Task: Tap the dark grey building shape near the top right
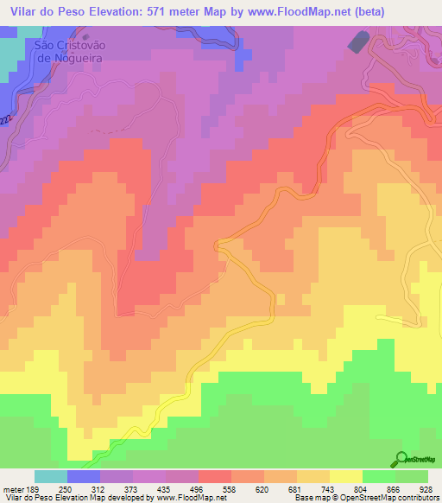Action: pos(357,40)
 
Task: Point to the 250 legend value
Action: pos(65,489)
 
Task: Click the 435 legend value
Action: pos(164,489)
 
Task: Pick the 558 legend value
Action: pos(230,489)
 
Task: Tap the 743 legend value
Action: pos(329,489)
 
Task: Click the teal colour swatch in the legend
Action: pos(51,476)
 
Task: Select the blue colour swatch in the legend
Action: pos(84,476)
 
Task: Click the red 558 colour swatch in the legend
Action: pos(215,476)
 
